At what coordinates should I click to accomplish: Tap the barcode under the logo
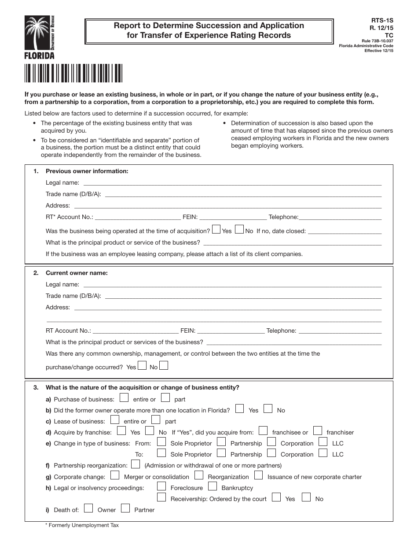click(x=73, y=73)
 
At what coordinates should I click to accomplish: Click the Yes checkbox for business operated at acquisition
click(x=216, y=229)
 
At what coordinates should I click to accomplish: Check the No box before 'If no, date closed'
click(x=239, y=229)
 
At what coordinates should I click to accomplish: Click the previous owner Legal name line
click(x=232, y=183)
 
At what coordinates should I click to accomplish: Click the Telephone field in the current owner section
click(x=340, y=330)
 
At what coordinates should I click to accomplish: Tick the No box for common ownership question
click(x=163, y=365)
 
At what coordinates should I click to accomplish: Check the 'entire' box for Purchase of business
click(x=124, y=398)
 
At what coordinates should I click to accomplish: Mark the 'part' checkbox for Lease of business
click(x=156, y=420)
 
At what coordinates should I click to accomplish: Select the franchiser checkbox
click(x=318, y=431)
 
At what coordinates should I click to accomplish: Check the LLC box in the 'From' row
click(x=323, y=442)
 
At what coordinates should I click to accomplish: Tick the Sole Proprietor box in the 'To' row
click(x=161, y=453)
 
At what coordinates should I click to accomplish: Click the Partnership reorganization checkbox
click(x=136, y=464)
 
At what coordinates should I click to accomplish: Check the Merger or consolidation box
click(x=115, y=475)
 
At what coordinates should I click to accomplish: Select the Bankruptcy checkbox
click(x=213, y=486)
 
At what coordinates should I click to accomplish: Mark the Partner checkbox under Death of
click(x=125, y=509)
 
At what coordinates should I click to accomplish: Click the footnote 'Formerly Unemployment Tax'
click(x=82, y=525)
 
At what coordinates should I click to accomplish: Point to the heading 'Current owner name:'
click(x=77, y=273)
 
